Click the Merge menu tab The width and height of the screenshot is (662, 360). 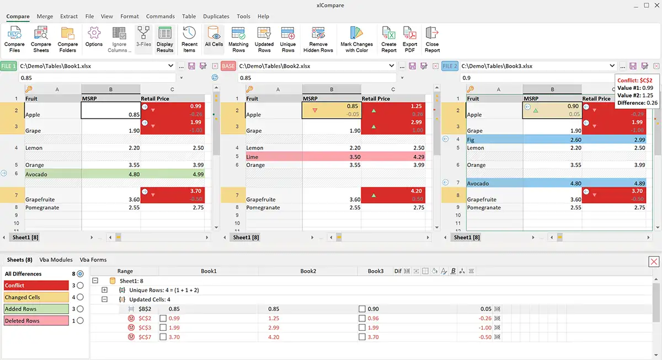tap(45, 17)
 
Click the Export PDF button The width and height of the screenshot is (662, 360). tap(410, 39)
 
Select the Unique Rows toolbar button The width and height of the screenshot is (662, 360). tap(288, 39)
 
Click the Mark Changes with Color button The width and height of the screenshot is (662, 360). tap(357, 39)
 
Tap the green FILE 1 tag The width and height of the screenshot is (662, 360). tap(9, 66)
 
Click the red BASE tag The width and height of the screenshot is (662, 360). tap(228, 66)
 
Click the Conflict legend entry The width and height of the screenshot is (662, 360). tap(36, 286)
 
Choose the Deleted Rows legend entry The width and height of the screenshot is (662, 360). tap(36, 321)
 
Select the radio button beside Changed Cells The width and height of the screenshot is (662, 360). tap(81, 297)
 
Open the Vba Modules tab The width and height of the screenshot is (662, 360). tap(56, 260)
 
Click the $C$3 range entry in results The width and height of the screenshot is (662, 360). tap(145, 327)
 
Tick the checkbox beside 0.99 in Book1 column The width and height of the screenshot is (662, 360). tap(163, 319)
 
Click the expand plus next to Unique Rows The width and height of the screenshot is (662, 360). tap(105, 290)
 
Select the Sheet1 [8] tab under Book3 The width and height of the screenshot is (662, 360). tap(466, 238)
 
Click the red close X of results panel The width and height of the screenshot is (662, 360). tap(653, 262)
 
